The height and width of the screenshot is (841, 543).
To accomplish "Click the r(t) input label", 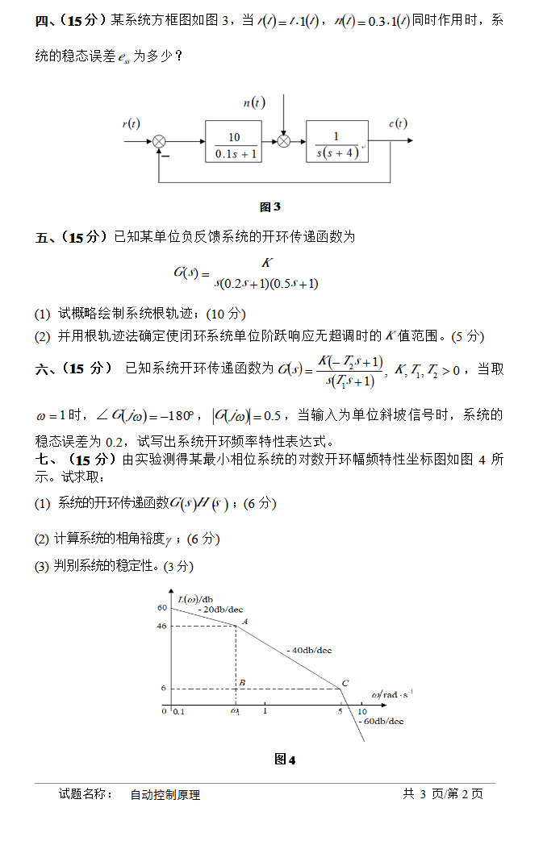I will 131,123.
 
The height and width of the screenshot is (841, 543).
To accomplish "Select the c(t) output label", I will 397,123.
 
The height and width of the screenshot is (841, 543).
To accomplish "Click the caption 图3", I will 270,207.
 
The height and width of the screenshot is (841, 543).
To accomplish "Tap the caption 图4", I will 285,760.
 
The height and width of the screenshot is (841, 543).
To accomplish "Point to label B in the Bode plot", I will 242,683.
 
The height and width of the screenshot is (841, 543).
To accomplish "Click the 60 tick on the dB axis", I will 161,607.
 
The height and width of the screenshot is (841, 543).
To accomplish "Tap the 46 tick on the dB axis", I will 161,626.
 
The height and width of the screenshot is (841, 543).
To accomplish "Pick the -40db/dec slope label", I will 309,650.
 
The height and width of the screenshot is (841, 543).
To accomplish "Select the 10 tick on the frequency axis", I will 362,711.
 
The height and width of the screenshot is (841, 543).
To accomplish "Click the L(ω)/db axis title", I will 195,598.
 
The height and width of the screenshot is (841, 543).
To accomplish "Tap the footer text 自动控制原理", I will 165,794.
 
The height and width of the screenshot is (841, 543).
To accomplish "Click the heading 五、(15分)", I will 71,237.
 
